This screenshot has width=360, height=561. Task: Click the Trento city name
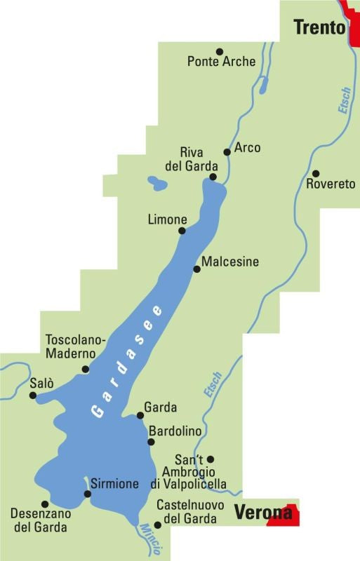[x=319, y=27]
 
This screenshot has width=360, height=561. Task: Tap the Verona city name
[x=262, y=512]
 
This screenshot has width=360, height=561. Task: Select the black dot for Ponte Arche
[x=219, y=51]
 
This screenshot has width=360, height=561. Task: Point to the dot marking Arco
[x=227, y=151]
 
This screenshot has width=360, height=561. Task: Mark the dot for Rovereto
[x=316, y=173]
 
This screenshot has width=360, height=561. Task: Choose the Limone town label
[x=167, y=219]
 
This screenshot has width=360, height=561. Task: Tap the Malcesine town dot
[x=196, y=269]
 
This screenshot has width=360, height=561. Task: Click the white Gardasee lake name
[x=126, y=362]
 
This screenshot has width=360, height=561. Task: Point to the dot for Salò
[x=32, y=396]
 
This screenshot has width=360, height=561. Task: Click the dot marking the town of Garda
[x=140, y=415]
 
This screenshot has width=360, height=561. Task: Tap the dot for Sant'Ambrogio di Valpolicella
[x=211, y=459]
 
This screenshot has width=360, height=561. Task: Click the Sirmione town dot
[x=87, y=494]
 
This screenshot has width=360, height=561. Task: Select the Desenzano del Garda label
[x=40, y=519]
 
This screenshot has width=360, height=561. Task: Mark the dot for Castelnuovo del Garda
[x=157, y=525]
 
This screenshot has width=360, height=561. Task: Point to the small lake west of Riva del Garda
[x=157, y=184]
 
